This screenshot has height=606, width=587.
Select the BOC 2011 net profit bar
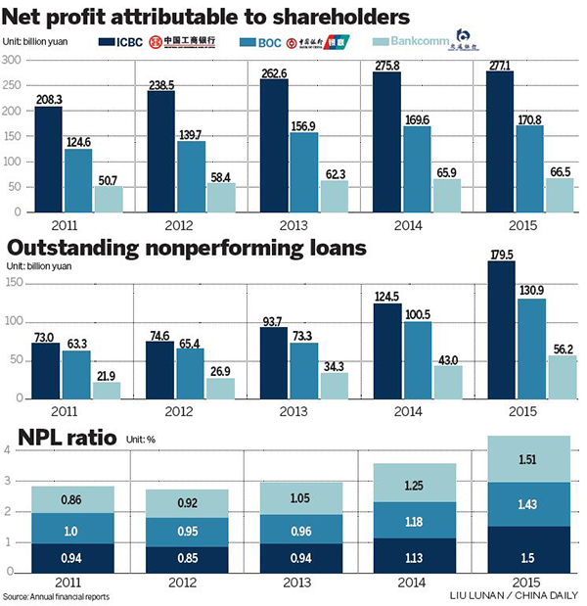point(79,180)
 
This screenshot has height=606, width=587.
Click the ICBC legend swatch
point(109,41)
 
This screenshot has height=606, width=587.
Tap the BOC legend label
point(286,41)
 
